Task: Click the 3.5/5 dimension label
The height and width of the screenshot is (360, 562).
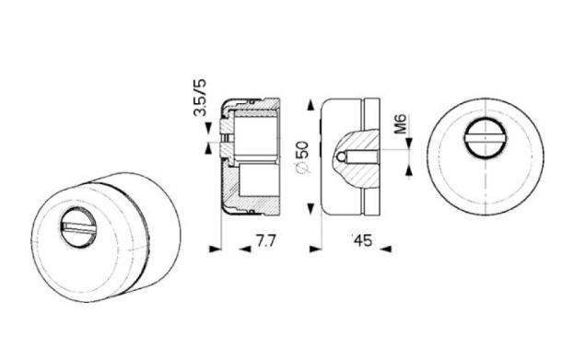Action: pyautogui.click(x=200, y=98)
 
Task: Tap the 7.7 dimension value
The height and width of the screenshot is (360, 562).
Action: pyautogui.click(x=266, y=240)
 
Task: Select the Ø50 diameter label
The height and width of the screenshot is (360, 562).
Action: pyautogui.click(x=302, y=156)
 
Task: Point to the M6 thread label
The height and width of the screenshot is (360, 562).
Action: pyautogui.click(x=401, y=124)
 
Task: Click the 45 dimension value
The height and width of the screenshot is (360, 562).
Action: pyautogui.click(x=363, y=240)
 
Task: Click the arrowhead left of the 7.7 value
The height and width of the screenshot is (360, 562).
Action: pyautogui.click(x=215, y=249)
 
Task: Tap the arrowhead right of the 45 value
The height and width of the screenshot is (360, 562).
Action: pyautogui.click(x=386, y=249)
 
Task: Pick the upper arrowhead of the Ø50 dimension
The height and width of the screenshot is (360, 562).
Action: pyautogui.click(x=310, y=106)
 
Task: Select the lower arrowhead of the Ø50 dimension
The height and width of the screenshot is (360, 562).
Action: pyautogui.click(x=310, y=208)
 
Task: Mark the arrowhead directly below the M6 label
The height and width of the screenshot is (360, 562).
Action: pyautogui.click(x=409, y=144)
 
